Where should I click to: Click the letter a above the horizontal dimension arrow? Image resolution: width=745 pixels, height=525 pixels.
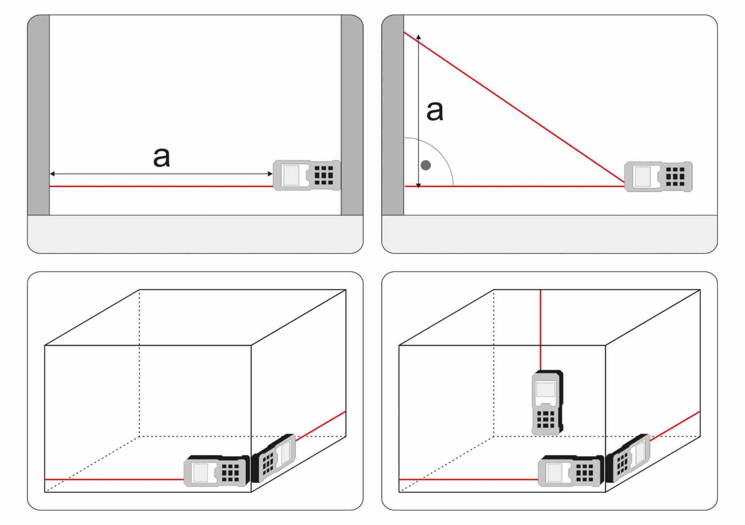[x=161, y=157]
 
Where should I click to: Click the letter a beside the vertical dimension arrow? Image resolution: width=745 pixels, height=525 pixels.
[x=435, y=110]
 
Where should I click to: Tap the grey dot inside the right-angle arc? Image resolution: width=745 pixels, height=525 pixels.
[x=425, y=165]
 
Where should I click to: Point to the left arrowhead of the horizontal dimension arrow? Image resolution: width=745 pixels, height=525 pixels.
[x=53, y=174]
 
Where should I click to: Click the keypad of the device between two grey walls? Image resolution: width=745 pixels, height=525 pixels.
[x=324, y=175]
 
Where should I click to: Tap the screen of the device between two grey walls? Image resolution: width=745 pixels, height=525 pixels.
[x=291, y=175]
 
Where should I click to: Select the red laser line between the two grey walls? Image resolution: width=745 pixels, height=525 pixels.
[x=161, y=187]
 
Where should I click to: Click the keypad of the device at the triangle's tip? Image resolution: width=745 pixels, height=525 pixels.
[x=675, y=177]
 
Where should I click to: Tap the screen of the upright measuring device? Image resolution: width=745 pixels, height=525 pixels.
[x=546, y=390]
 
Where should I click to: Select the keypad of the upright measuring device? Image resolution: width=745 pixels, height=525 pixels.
[x=546, y=420]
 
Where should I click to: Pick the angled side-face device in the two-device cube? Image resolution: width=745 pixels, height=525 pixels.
[x=274, y=457]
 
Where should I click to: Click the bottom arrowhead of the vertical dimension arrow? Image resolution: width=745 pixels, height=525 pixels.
[x=418, y=186]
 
